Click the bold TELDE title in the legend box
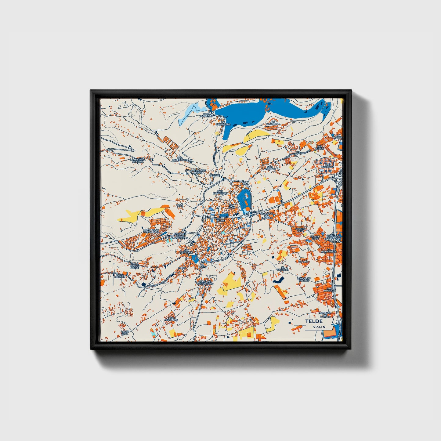(313, 321)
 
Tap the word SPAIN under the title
(319, 327)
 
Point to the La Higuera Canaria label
(138, 160)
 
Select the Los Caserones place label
(179, 159)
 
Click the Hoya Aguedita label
(207, 115)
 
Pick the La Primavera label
(223, 124)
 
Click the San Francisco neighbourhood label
(220, 192)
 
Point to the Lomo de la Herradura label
(151, 231)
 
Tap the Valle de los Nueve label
(134, 266)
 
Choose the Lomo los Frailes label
(304, 279)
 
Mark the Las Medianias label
(171, 319)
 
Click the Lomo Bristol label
(119, 276)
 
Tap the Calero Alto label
(300, 230)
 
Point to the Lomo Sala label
(125, 333)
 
